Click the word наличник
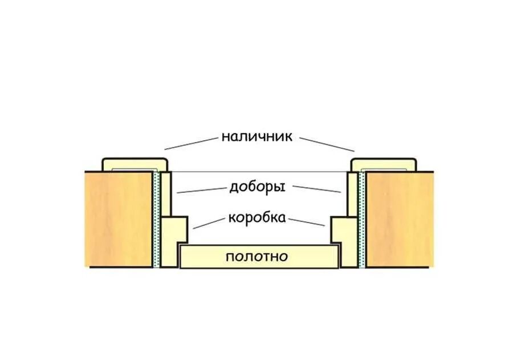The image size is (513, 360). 256,137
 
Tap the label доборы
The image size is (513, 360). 257,187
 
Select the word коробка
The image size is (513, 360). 257,219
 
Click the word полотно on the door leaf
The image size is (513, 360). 257,257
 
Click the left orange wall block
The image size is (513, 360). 119,219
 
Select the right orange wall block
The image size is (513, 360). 399,219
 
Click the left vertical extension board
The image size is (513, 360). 166,194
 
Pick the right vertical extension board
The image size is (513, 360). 352,194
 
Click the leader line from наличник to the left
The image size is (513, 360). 192,143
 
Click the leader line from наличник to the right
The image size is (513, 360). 326,144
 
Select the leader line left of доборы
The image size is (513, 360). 200,190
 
